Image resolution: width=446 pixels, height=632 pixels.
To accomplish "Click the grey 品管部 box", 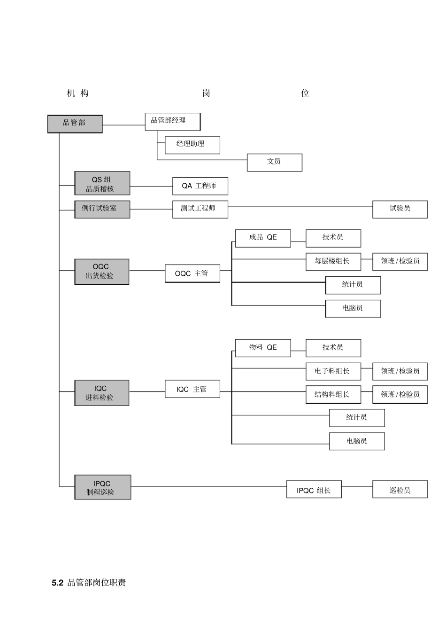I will point(75,124).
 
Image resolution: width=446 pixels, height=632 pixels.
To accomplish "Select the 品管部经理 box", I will point(172,121).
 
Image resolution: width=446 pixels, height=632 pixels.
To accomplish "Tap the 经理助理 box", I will point(192,145).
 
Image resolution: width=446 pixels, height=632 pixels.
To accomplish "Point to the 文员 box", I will point(274,162).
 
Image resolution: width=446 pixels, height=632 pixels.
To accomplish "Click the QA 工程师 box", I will point(200,186).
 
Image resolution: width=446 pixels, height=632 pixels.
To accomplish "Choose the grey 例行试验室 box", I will point(102,209).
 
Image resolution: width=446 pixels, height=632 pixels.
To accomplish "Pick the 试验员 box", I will point(400,209).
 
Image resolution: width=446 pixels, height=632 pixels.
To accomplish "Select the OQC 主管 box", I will point(192,273).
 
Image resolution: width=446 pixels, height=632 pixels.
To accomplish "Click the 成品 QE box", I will point(262,238).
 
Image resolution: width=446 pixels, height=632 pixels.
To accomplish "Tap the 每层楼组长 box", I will point(333,261).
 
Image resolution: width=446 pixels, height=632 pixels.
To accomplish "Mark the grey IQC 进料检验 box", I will point(101,393).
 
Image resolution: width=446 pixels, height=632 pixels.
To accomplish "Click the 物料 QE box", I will point(262,348).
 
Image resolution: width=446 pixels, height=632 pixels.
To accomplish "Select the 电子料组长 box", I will point(333,371).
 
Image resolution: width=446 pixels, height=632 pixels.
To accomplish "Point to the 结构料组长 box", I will point(333,395).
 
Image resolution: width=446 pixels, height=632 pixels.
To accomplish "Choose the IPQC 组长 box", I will point(314,490).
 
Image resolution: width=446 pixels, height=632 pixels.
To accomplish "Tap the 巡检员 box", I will point(400,490).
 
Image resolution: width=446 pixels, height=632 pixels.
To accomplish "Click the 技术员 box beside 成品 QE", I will point(333,238).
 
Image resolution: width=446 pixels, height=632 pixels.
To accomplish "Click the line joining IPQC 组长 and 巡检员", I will point(357,486).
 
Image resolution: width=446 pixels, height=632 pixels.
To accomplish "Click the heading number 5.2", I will point(57,583).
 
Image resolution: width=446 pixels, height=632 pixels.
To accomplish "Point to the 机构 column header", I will point(78,93).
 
